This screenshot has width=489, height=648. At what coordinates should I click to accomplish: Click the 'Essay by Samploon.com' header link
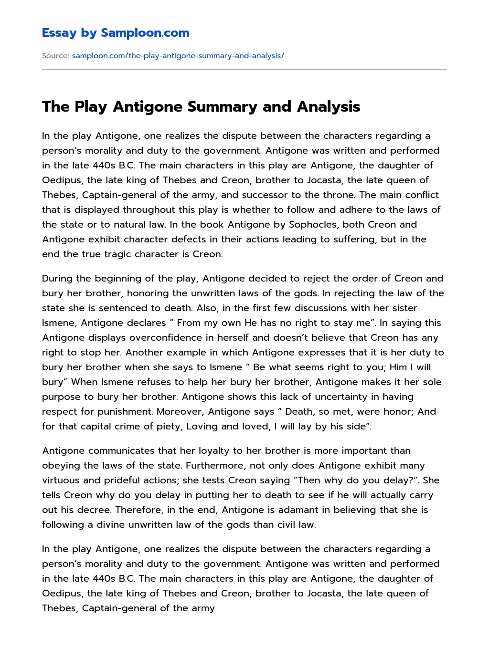click(x=116, y=33)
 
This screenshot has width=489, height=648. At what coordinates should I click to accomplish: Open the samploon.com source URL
click(x=178, y=56)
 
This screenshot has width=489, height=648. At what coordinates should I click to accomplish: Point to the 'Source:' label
click(x=55, y=56)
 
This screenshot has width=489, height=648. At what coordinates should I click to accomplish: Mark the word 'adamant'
click(x=300, y=510)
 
